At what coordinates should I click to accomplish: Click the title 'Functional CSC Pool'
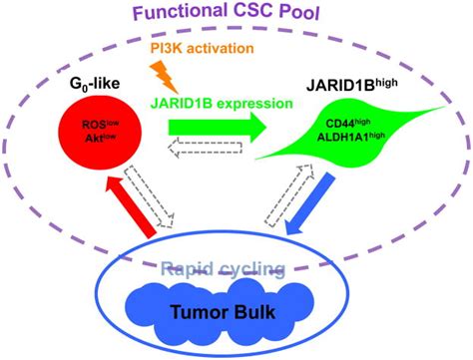[x=236, y=15]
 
